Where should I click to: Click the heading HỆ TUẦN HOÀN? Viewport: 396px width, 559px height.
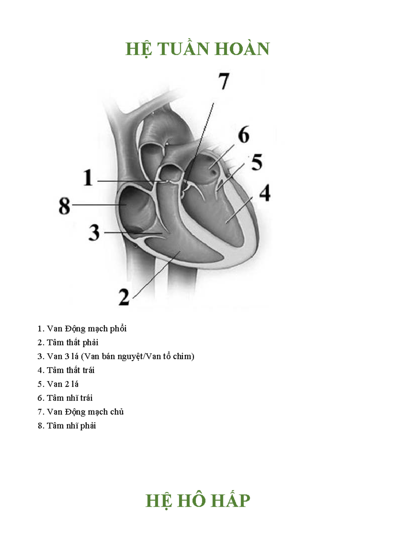pyautogui.click(x=198, y=49)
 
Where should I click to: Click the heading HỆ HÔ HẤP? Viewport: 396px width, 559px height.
pyautogui.click(x=198, y=500)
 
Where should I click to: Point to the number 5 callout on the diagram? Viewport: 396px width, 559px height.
pyautogui.click(x=257, y=162)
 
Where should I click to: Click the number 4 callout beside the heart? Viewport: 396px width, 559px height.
pyautogui.click(x=265, y=193)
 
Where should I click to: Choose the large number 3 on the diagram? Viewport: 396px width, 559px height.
pyautogui.click(x=94, y=233)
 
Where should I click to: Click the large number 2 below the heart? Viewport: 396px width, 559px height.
pyautogui.click(x=124, y=297)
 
